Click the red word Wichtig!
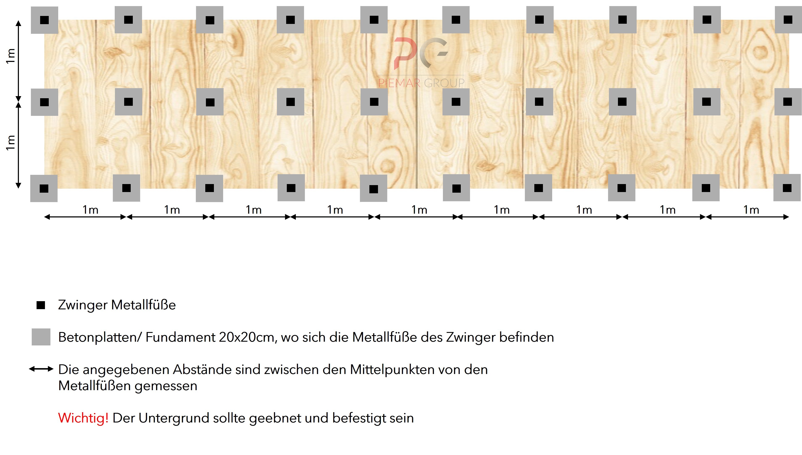[83, 418]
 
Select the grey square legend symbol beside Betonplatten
[41, 337]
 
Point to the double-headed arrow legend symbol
[41, 369]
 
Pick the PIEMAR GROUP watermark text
[421, 83]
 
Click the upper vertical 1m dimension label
[11, 56]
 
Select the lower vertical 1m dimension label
[11, 143]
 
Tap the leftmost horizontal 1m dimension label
[90, 210]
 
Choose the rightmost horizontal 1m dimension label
[751, 210]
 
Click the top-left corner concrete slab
[44, 20]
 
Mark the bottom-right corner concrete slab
[787, 188]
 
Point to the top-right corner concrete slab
[788, 19]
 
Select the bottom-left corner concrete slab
[44, 188]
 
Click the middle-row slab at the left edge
[44, 102]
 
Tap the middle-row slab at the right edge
[788, 102]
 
